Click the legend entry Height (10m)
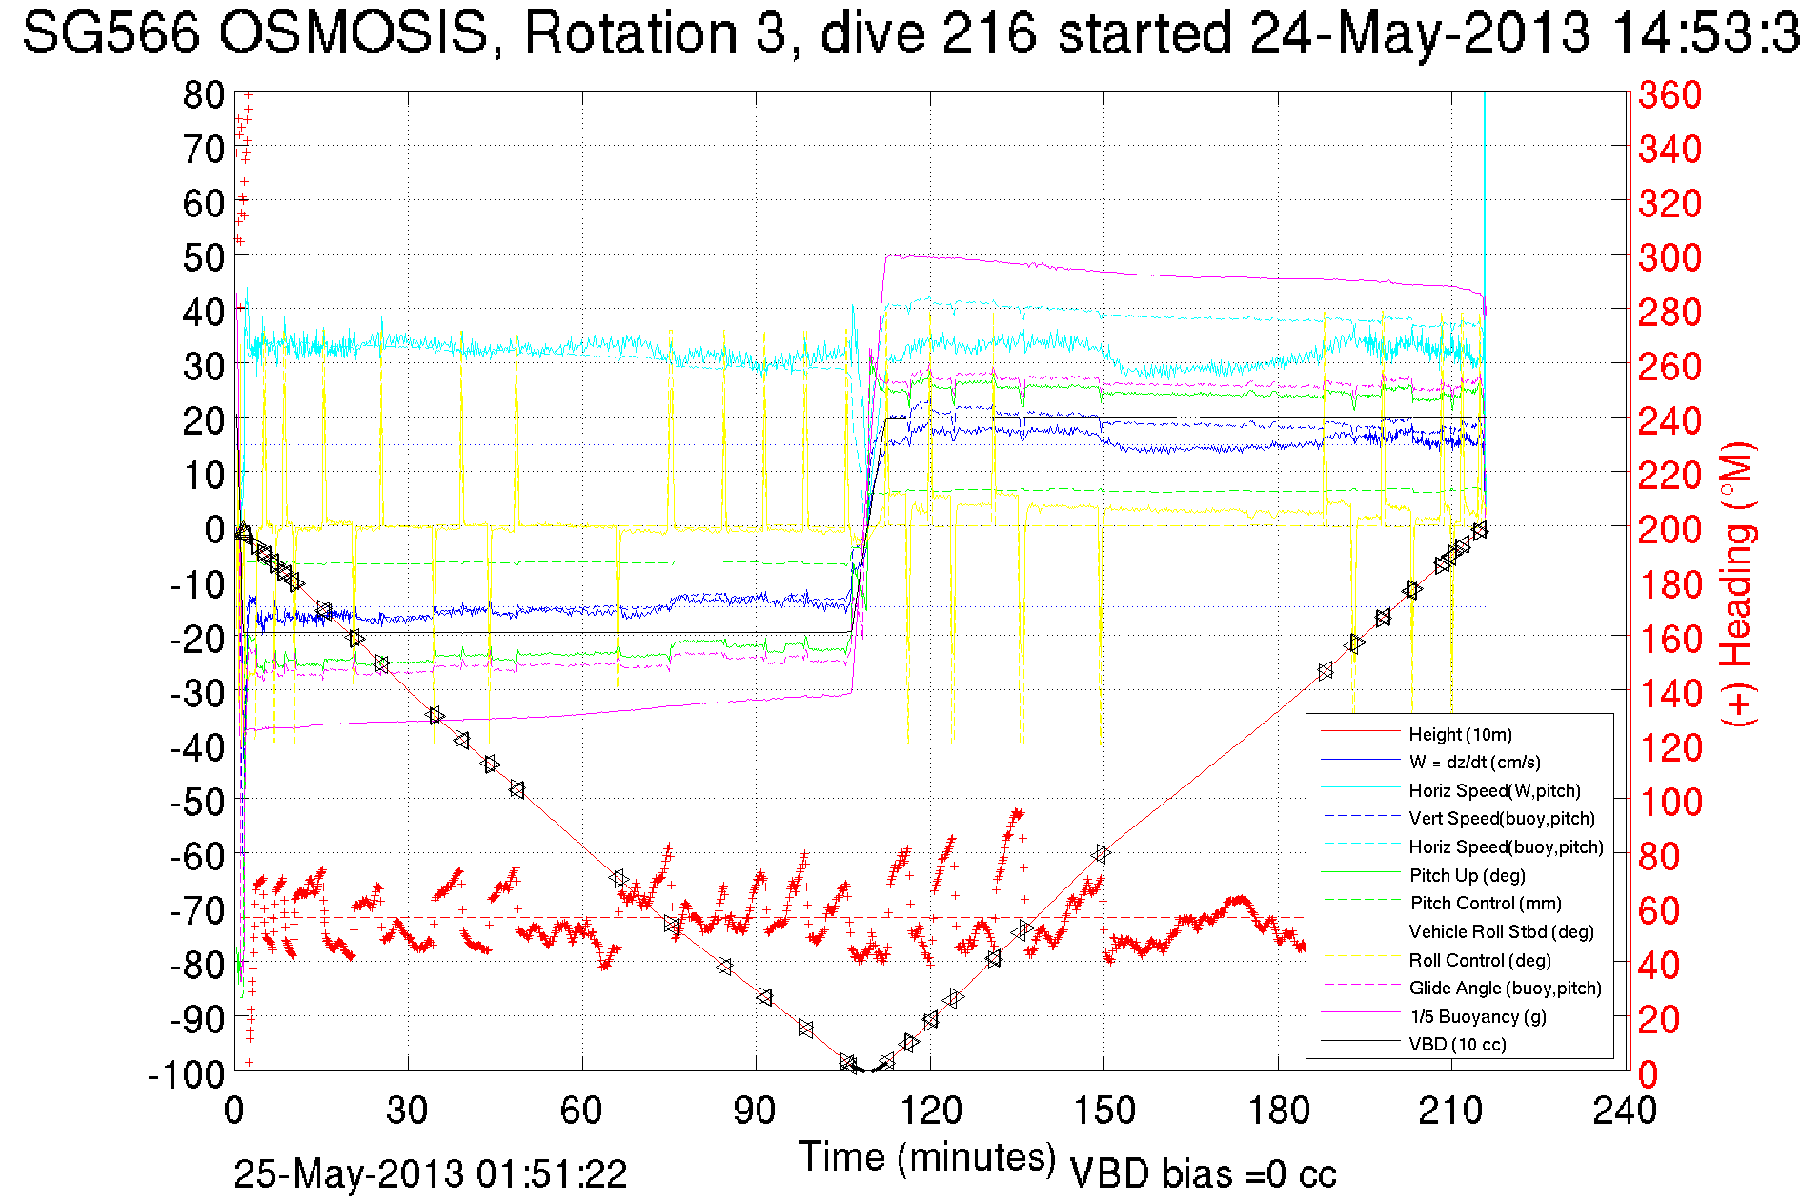pyautogui.click(x=1460, y=734)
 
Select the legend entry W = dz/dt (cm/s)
pyautogui.click(x=1474, y=762)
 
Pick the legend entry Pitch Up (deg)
pyautogui.click(x=1467, y=875)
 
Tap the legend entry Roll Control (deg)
pyautogui.click(x=1480, y=960)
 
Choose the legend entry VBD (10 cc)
pyautogui.click(x=1457, y=1044)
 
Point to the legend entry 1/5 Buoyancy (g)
pyautogui.click(x=1478, y=1016)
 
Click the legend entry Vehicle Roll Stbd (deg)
pyautogui.click(x=1501, y=931)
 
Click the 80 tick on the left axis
pyautogui.click(x=203, y=94)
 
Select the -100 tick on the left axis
pyautogui.click(x=186, y=1074)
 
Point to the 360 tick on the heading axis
pyautogui.click(x=1670, y=94)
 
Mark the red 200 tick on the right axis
pyautogui.click(x=1670, y=529)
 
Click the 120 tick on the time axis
pyautogui.click(x=930, y=1111)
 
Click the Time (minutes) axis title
pyautogui.click(x=927, y=1157)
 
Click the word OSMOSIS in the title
pyautogui.click(x=353, y=34)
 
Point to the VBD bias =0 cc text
pyautogui.click(x=1203, y=1174)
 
